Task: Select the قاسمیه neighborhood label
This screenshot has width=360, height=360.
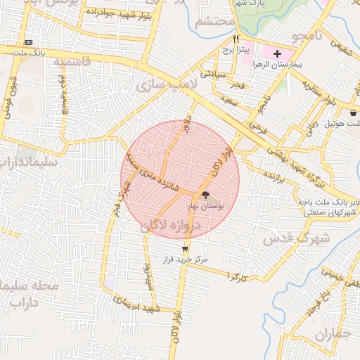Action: (72, 62)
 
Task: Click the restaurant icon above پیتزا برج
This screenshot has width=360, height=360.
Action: (236, 39)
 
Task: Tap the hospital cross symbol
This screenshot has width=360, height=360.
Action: (277, 53)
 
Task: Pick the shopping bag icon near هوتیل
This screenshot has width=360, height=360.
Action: (352, 112)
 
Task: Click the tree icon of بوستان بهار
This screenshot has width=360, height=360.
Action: (205, 195)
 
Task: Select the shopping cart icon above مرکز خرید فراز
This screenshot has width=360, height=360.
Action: (185, 249)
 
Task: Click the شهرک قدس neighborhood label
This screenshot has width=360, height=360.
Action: (287, 238)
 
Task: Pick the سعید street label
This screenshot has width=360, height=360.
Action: (229, 101)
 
